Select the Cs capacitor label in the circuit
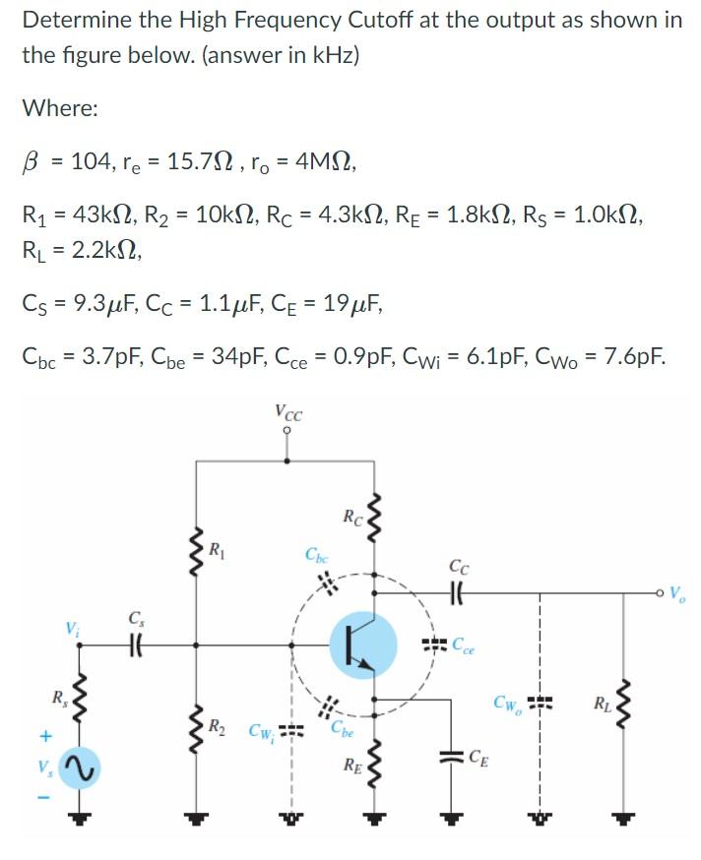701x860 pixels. pos(135,618)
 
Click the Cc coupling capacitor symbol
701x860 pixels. pos(459,593)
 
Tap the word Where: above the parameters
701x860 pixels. pos(60,108)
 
